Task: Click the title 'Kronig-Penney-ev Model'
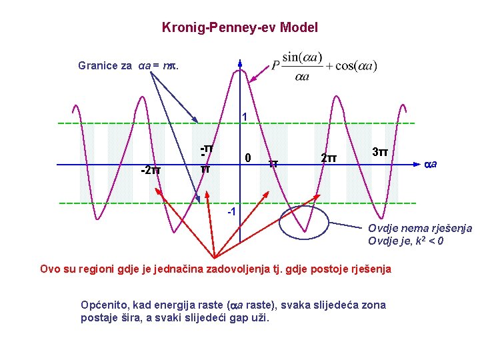click(x=240, y=28)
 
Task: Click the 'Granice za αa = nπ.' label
click(x=128, y=65)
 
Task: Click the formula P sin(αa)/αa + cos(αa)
click(x=325, y=66)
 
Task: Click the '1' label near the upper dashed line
click(x=245, y=117)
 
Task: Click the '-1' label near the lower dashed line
click(x=231, y=212)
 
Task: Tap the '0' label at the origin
click(x=247, y=159)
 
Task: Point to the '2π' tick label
click(x=328, y=159)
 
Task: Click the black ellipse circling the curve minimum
click(x=304, y=223)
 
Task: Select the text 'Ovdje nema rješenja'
click(x=420, y=229)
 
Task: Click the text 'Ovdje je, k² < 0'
click(x=406, y=241)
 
